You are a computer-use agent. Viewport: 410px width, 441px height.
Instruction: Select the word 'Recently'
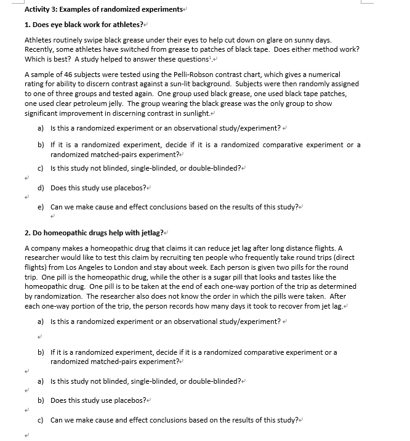pyautogui.click(x=39, y=49)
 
